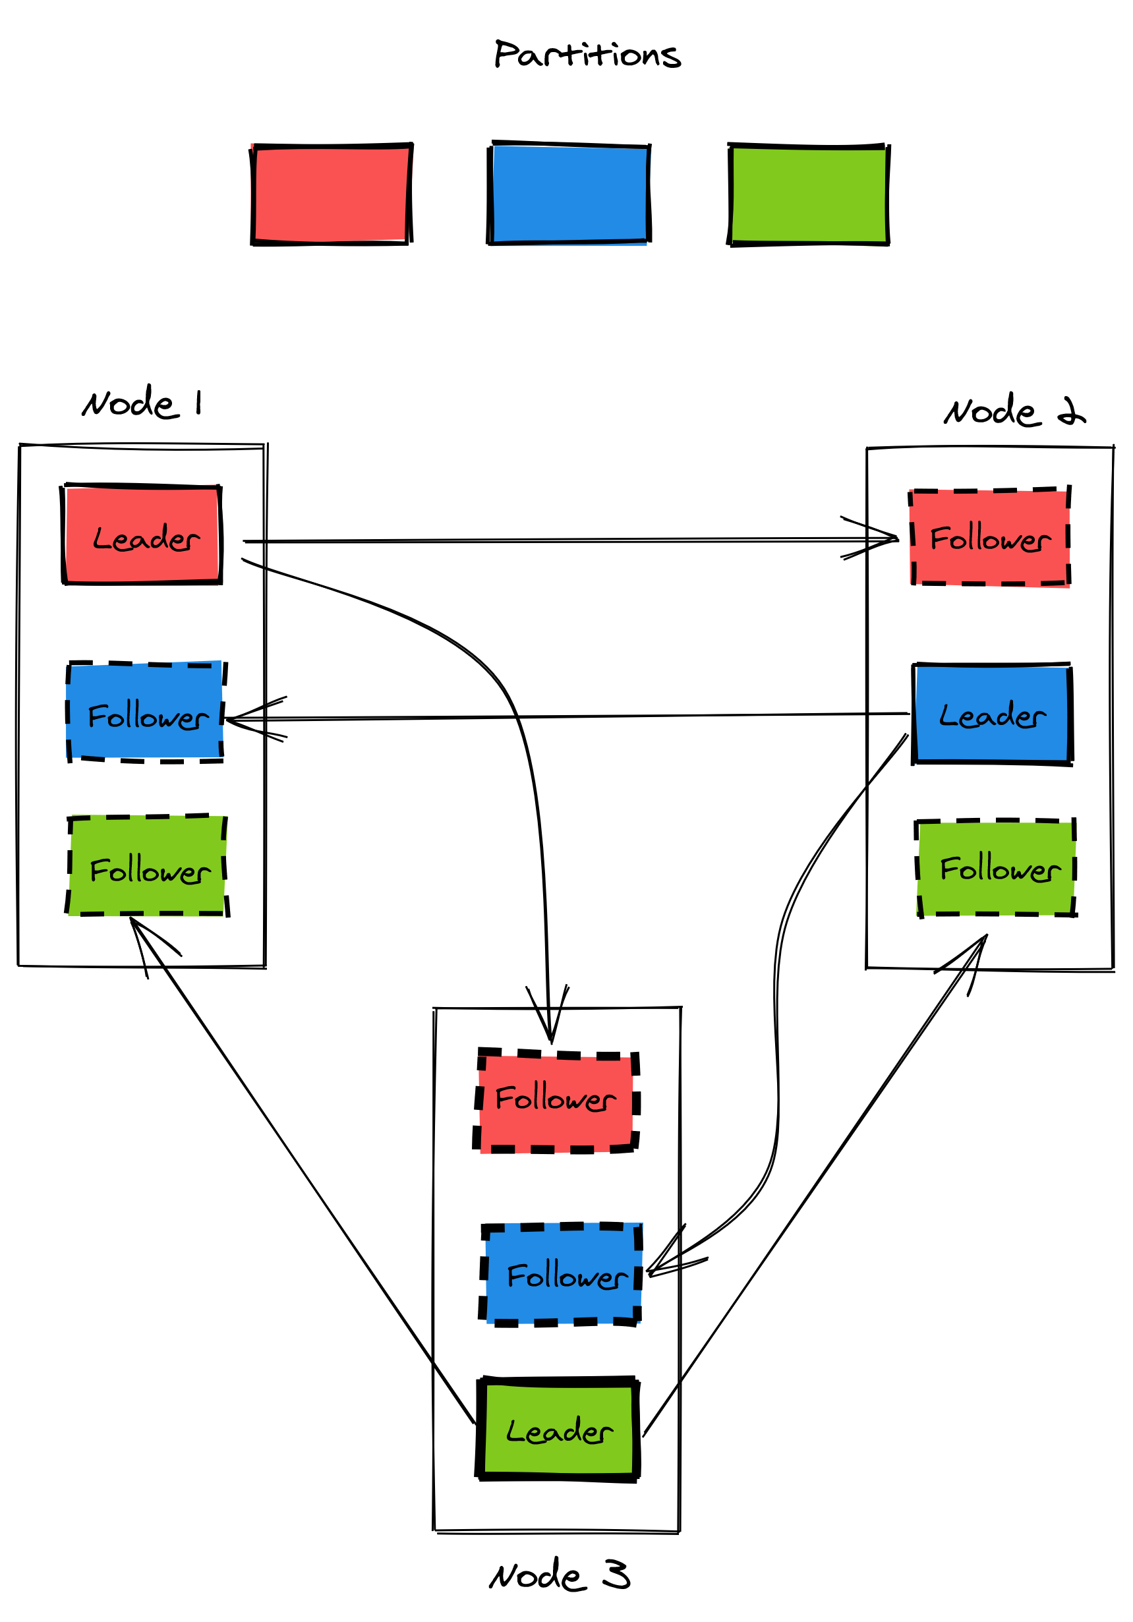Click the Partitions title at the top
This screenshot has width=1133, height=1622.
587,55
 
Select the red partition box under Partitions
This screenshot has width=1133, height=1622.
332,194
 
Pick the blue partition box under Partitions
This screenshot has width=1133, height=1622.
569,194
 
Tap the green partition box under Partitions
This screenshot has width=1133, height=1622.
809,194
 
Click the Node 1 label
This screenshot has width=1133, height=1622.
142,403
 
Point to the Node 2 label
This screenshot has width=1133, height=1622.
1014,411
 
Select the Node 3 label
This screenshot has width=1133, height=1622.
559,1575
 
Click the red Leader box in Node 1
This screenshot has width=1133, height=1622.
142,535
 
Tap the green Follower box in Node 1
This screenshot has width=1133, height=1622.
148,866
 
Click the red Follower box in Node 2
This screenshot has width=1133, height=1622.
989,538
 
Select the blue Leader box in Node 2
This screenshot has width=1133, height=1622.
993,714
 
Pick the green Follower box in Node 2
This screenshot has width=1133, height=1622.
997,867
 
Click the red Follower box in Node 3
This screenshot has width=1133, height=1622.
556,1100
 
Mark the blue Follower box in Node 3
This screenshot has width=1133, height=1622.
562,1275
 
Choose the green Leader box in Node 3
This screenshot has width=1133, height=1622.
559,1428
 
